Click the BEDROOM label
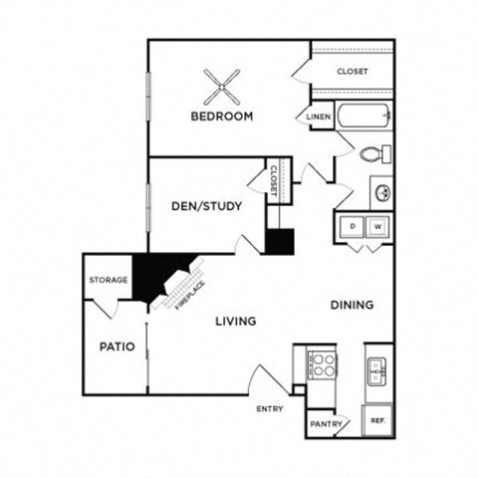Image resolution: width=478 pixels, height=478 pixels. coord(221,117)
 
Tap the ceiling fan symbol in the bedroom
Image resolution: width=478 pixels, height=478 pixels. coord(220,87)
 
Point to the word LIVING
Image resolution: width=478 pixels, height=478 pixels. coord(235,321)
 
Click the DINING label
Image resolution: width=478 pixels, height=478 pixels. coord(353,305)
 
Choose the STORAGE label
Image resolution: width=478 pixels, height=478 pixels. coord(108,280)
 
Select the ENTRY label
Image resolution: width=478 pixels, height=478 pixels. coord(269,408)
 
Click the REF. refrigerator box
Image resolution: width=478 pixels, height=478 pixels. coord(378,421)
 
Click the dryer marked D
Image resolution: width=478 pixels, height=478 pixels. coord(353,227)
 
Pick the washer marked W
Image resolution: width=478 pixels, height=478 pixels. coord(377,227)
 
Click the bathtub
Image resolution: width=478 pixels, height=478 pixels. coord(364,117)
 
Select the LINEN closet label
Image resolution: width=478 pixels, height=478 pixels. coord(318,117)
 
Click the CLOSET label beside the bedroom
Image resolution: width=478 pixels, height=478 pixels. coord(352,72)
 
